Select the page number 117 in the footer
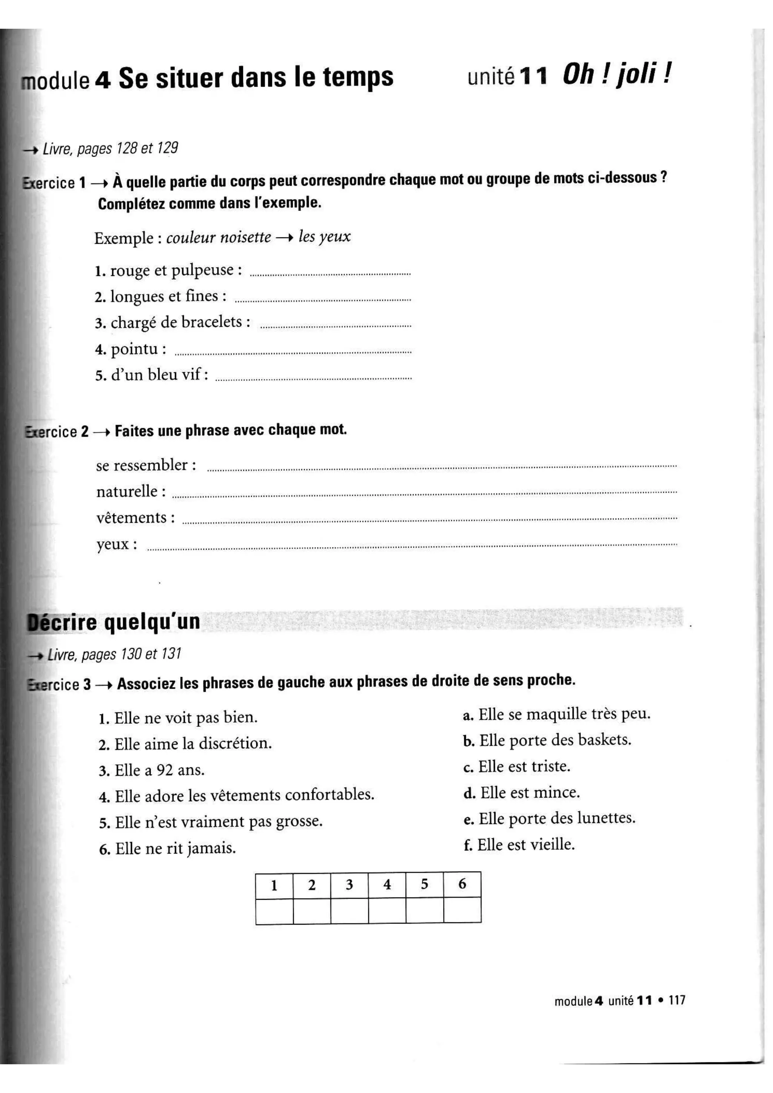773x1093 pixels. pos(677,1000)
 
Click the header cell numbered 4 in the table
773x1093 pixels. pos(387,885)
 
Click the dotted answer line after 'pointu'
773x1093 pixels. pos(293,352)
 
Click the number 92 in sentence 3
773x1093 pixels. pos(165,770)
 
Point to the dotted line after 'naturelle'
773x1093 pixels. pos(423,494)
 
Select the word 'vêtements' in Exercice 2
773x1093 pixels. pos(131,518)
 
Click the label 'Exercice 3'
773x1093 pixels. pos(60,685)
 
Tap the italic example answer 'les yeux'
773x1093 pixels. pos(325,237)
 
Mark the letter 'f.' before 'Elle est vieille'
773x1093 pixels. pos(468,845)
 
